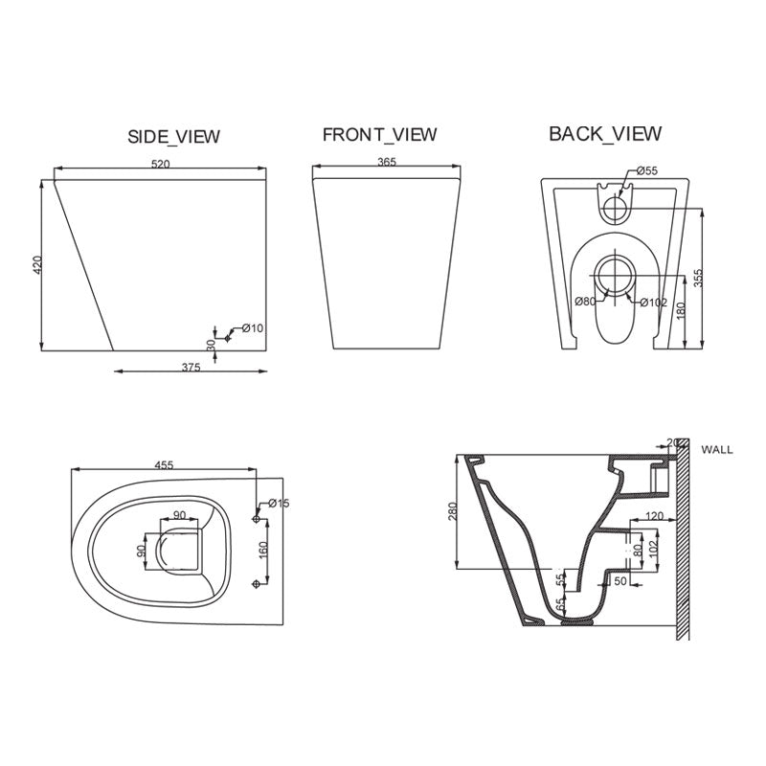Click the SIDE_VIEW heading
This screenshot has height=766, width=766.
(x=173, y=137)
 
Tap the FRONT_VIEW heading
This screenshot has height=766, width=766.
(x=379, y=134)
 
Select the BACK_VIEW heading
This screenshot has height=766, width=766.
(x=604, y=133)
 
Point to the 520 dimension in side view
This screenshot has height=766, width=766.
(x=160, y=165)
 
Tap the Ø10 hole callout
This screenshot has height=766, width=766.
(x=252, y=328)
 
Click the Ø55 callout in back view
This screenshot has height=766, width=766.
(x=647, y=170)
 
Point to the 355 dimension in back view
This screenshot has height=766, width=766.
(x=699, y=279)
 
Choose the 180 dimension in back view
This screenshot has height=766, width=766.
(x=680, y=312)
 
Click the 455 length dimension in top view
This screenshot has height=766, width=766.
(x=163, y=464)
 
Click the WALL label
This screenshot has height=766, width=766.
(x=717, y=448)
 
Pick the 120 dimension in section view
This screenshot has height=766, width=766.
(x=653, y=516)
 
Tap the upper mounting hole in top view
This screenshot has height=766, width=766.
(x=256, y=518)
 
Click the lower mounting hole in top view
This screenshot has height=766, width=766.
(x=256, y=583)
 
